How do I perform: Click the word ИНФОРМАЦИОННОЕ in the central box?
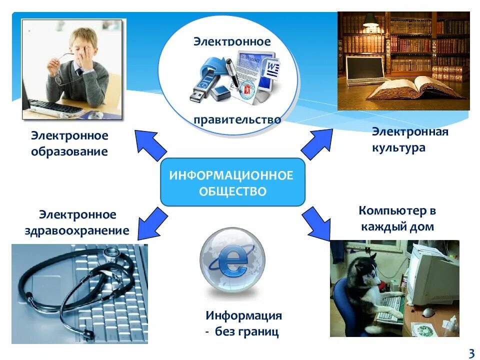231,175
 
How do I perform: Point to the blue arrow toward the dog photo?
317,223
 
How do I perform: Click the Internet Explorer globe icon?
232,260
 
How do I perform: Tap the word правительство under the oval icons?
237,120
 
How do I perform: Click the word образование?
69,151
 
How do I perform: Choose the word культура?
398,148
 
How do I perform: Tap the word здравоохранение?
77,230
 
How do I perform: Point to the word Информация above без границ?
244,316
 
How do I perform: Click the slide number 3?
470,353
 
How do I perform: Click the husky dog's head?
367,264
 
